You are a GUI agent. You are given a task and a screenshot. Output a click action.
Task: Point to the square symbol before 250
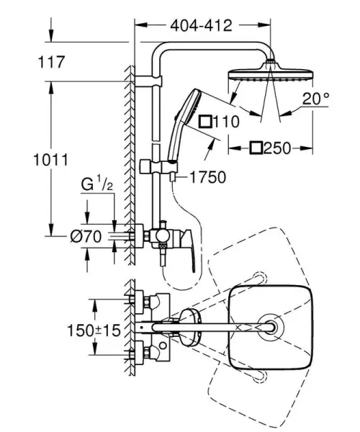coord(256,148)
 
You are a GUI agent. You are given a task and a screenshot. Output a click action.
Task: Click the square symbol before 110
coord(206,122)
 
